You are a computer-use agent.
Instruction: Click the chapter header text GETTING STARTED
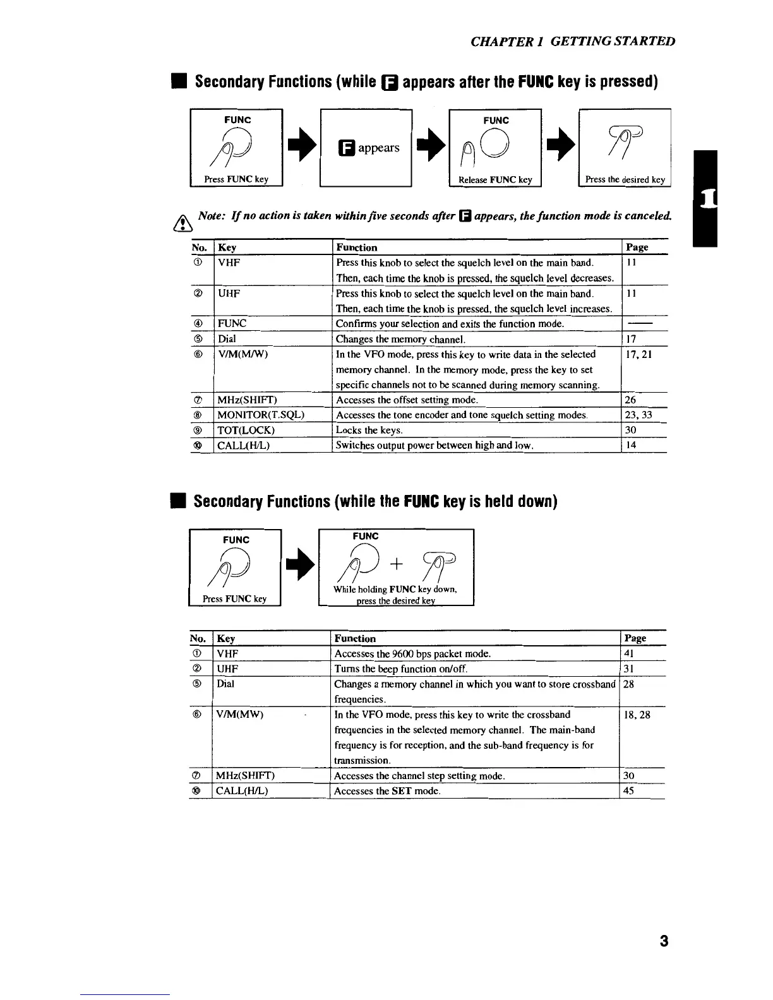pos(613,42)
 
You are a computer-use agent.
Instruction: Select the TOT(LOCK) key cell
pos(246,430)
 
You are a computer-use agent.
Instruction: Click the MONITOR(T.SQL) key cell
pos(261,415)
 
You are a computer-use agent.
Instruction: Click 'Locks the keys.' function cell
pos(369,430)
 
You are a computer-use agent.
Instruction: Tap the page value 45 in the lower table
pos(628,791)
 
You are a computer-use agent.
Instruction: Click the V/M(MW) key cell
pos(239,715)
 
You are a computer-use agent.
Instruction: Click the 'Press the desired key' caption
pos(625,179)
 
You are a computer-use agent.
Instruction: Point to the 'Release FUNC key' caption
pos(495,180)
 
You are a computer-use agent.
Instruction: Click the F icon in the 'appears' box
pos(347,148)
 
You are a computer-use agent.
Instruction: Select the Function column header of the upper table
pos(357,247)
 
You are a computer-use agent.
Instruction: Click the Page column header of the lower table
pos(635,638)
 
